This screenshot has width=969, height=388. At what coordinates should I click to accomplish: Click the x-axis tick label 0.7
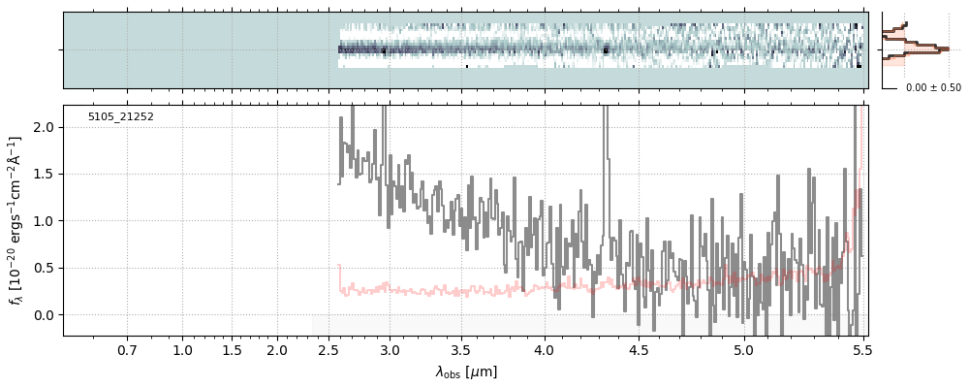pos(127,349)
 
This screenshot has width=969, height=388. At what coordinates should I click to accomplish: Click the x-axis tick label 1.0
pos(182,349)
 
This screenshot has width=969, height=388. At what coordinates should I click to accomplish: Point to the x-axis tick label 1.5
pos(232,349)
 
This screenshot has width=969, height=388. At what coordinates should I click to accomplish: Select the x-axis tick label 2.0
pos(277,349)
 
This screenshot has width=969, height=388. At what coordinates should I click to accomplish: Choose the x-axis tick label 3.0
pos(390,349)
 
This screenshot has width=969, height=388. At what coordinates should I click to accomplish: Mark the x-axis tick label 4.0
pos(545,349)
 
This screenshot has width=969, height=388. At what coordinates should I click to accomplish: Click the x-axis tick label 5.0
pos(744,349)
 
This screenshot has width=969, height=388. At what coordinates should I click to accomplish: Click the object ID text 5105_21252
pos(121,117)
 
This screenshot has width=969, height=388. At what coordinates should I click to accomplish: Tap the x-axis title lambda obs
pos(466,372)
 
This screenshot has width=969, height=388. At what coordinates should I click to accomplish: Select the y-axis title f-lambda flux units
pos(16,221)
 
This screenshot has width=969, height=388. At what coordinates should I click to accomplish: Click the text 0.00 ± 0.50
pos(933,88)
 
